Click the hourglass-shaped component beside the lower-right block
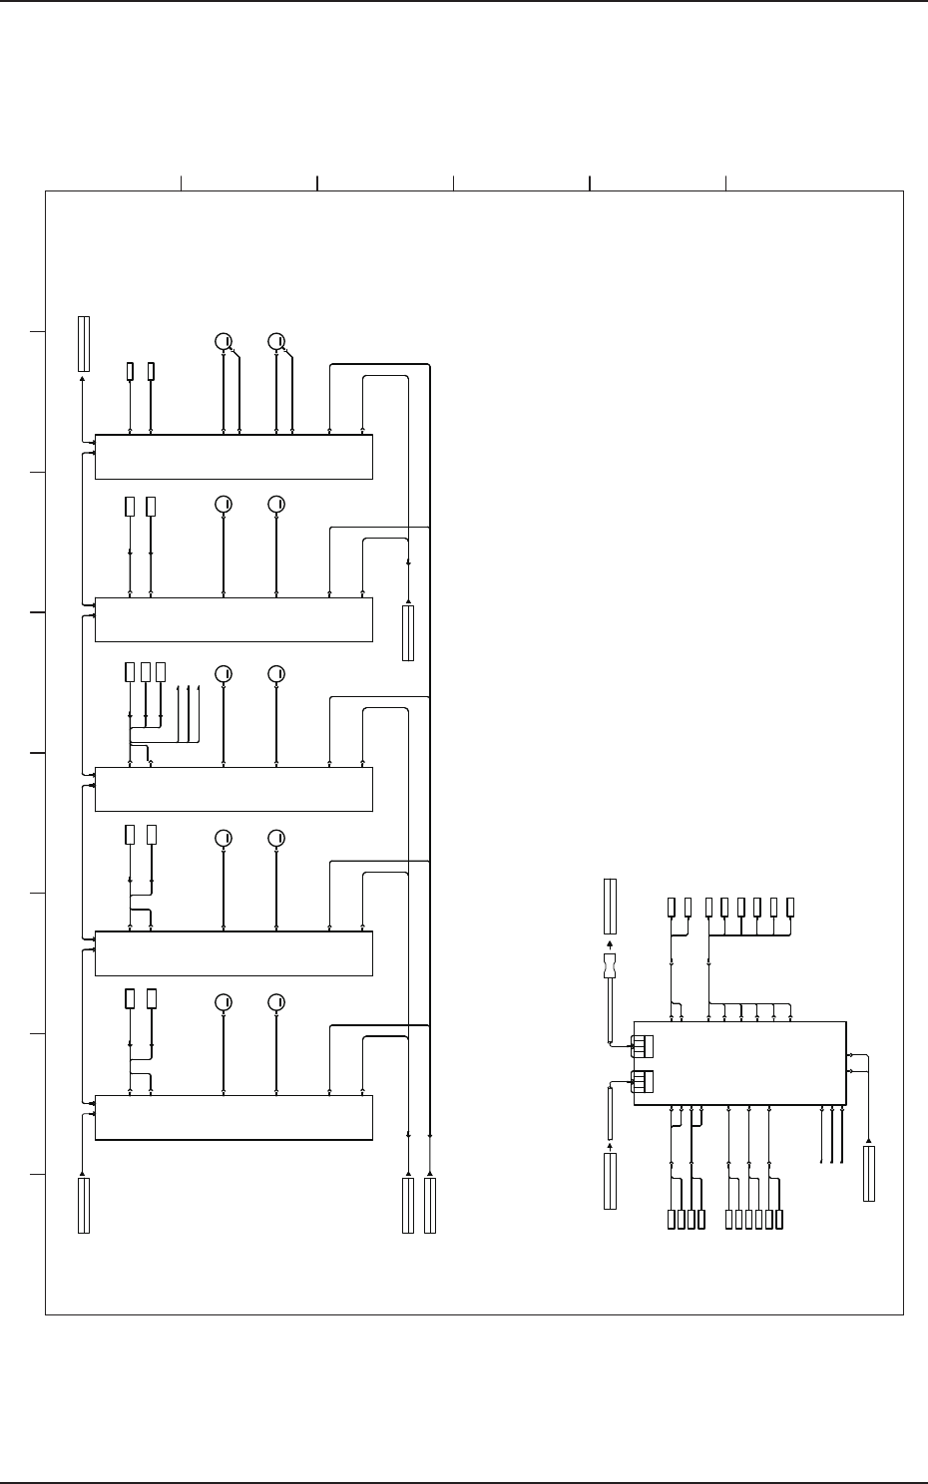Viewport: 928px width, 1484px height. (611, 966)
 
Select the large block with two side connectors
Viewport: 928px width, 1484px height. (739, 1063)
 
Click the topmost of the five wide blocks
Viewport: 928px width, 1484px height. (233, 457)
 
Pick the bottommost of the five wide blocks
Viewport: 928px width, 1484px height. (233, 1117)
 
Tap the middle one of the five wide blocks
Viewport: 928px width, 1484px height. (233, 789)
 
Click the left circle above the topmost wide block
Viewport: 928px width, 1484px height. (225, 341)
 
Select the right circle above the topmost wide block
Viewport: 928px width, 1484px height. (277, 341)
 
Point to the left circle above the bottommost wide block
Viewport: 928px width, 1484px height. (225, 1001)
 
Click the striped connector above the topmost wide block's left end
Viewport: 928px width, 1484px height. (84, 344)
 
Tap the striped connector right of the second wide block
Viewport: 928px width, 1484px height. (407, 632)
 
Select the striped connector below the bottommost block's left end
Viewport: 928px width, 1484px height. (84, 1205)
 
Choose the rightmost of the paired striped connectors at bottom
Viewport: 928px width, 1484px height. (430, 1205)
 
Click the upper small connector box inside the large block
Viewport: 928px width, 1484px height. (642, 1045)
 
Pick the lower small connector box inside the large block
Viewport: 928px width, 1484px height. (642, 1081)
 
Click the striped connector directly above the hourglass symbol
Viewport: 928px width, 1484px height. (611, 907)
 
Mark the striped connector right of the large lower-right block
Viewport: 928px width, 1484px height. (869, 1174)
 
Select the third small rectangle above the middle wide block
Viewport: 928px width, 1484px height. (160, 671)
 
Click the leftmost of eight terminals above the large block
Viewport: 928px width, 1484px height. (672, 907)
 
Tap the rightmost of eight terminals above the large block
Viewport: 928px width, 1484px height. (790, 907)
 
